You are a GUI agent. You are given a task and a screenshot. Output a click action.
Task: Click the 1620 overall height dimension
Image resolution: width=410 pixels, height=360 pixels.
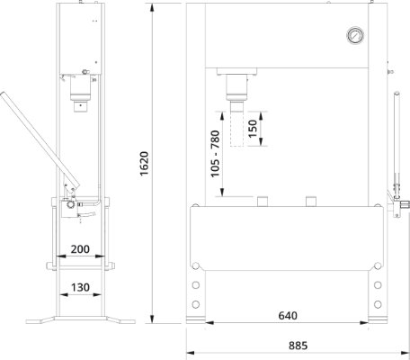coord(145,164)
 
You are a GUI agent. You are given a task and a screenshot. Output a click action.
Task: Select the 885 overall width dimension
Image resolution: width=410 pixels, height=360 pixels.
coord(298,346)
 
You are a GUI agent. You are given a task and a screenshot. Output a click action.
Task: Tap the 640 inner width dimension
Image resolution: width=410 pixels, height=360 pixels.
coord(288,316)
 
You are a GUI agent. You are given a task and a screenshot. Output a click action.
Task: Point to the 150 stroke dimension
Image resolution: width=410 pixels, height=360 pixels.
coord(253,129)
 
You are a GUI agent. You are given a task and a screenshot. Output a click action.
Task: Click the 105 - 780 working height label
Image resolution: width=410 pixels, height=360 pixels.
coord(215,154)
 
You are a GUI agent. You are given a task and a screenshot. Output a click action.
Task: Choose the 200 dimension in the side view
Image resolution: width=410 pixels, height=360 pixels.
coord(80,249)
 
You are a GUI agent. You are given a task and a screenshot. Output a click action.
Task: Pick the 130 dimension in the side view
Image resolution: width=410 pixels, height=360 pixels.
coord(80,287)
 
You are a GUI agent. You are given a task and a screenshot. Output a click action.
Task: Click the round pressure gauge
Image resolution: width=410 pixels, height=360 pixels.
coord(355,36)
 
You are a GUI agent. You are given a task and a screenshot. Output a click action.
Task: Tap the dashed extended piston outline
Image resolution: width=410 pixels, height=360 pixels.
coord(236,129)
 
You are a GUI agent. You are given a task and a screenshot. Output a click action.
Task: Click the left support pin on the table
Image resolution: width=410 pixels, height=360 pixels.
coord(263,201)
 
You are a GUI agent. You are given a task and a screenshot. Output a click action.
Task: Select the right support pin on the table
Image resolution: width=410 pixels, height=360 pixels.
coord(311,201)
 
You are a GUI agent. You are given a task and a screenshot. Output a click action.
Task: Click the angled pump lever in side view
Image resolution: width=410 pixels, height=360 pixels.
coord(39,141)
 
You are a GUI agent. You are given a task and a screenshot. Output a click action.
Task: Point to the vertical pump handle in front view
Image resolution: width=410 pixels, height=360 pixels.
coord(397,144)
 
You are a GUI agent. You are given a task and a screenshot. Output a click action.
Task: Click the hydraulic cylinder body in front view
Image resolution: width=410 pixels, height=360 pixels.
coord(236,87)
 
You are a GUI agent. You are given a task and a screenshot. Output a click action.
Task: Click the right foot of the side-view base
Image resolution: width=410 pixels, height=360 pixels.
coord(120,319)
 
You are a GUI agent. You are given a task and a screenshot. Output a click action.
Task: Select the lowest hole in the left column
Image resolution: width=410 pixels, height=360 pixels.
coord(196,304)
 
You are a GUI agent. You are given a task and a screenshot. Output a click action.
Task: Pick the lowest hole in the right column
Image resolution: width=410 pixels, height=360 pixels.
coord(378,304)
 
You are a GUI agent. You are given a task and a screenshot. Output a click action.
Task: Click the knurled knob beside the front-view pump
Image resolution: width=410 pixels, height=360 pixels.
coord(405,205)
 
